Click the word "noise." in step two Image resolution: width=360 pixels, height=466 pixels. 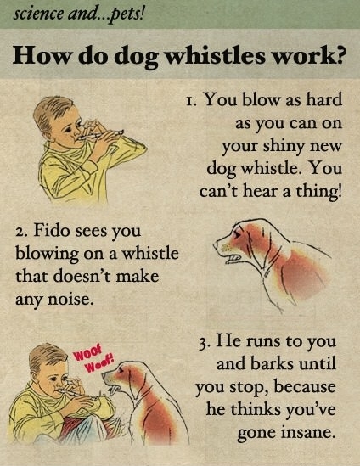[x=67, y=298]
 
